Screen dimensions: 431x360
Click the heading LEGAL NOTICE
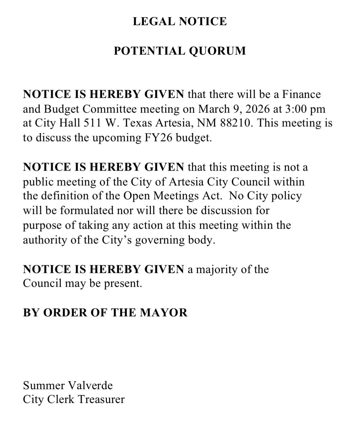point(180,21)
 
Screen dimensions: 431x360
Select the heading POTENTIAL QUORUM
point(180,51)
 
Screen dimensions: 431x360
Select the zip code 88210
point(236,123)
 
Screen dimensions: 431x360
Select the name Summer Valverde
point(68,386)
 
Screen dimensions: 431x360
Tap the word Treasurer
point(101,400)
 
